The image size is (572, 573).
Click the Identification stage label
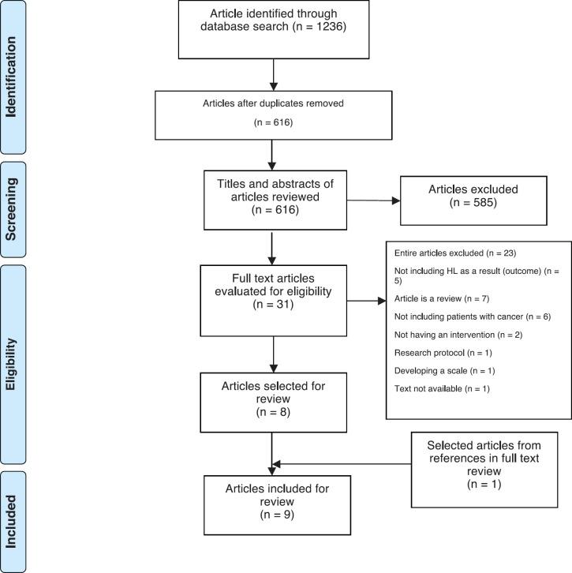[13, 76]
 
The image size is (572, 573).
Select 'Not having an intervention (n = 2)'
[447, 335]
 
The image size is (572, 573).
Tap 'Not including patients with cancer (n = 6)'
[471, 317]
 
